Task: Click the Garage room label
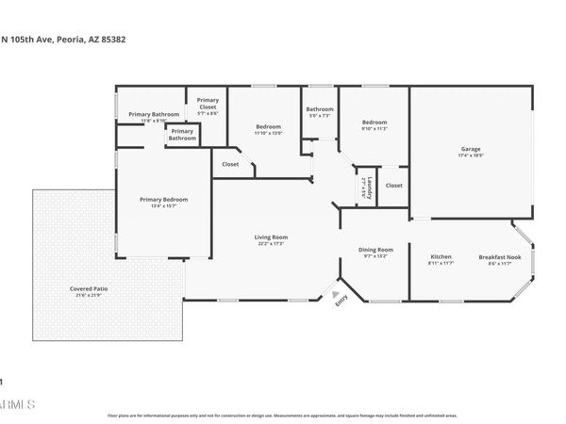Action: pos(470,149)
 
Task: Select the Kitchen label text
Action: pos(441,257)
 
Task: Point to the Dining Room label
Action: pos(375,250)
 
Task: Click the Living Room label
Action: pos(271,237)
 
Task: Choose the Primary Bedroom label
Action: pos(163,199)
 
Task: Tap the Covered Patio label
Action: pos(87,289)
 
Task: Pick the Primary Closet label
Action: pos(208,103)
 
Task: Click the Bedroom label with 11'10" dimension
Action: pos(268,126)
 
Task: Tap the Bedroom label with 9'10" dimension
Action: pos(375,122)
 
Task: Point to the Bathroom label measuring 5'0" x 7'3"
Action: pos(320,109)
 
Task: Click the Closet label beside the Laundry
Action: pos(393,185)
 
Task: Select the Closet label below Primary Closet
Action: pos(230,164)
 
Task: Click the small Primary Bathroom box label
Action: pos(182,135)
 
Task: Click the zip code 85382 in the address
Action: pos(112,40)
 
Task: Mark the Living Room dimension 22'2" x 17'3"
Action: pos(271,244)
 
